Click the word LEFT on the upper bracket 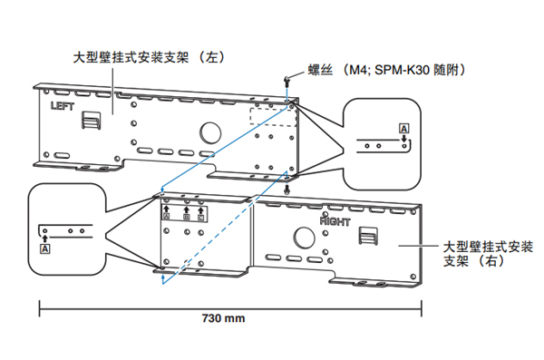pos(63,106)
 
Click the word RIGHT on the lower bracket pos(335,220)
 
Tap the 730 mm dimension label pos(223,318)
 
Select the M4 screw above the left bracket pos(287,82)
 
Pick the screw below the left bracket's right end pos(287,190)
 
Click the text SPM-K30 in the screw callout pos(403,70)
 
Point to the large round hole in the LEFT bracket pos(210,133)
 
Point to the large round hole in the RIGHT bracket pos(304,238)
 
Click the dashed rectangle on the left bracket pos(273,117)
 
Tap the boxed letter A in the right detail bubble pos(403,129)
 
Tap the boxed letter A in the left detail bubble pos(45,248)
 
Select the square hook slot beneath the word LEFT pos(91,120)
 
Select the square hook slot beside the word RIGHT pos(368,236)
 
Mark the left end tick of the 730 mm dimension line pos(40,308)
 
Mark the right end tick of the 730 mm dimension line pos(422,308)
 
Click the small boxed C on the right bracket pos(201,218)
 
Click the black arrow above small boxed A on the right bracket pos(166,209)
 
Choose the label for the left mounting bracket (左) pos(150,57)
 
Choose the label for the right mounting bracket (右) pos(488,254)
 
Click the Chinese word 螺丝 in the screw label pos(320,70)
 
